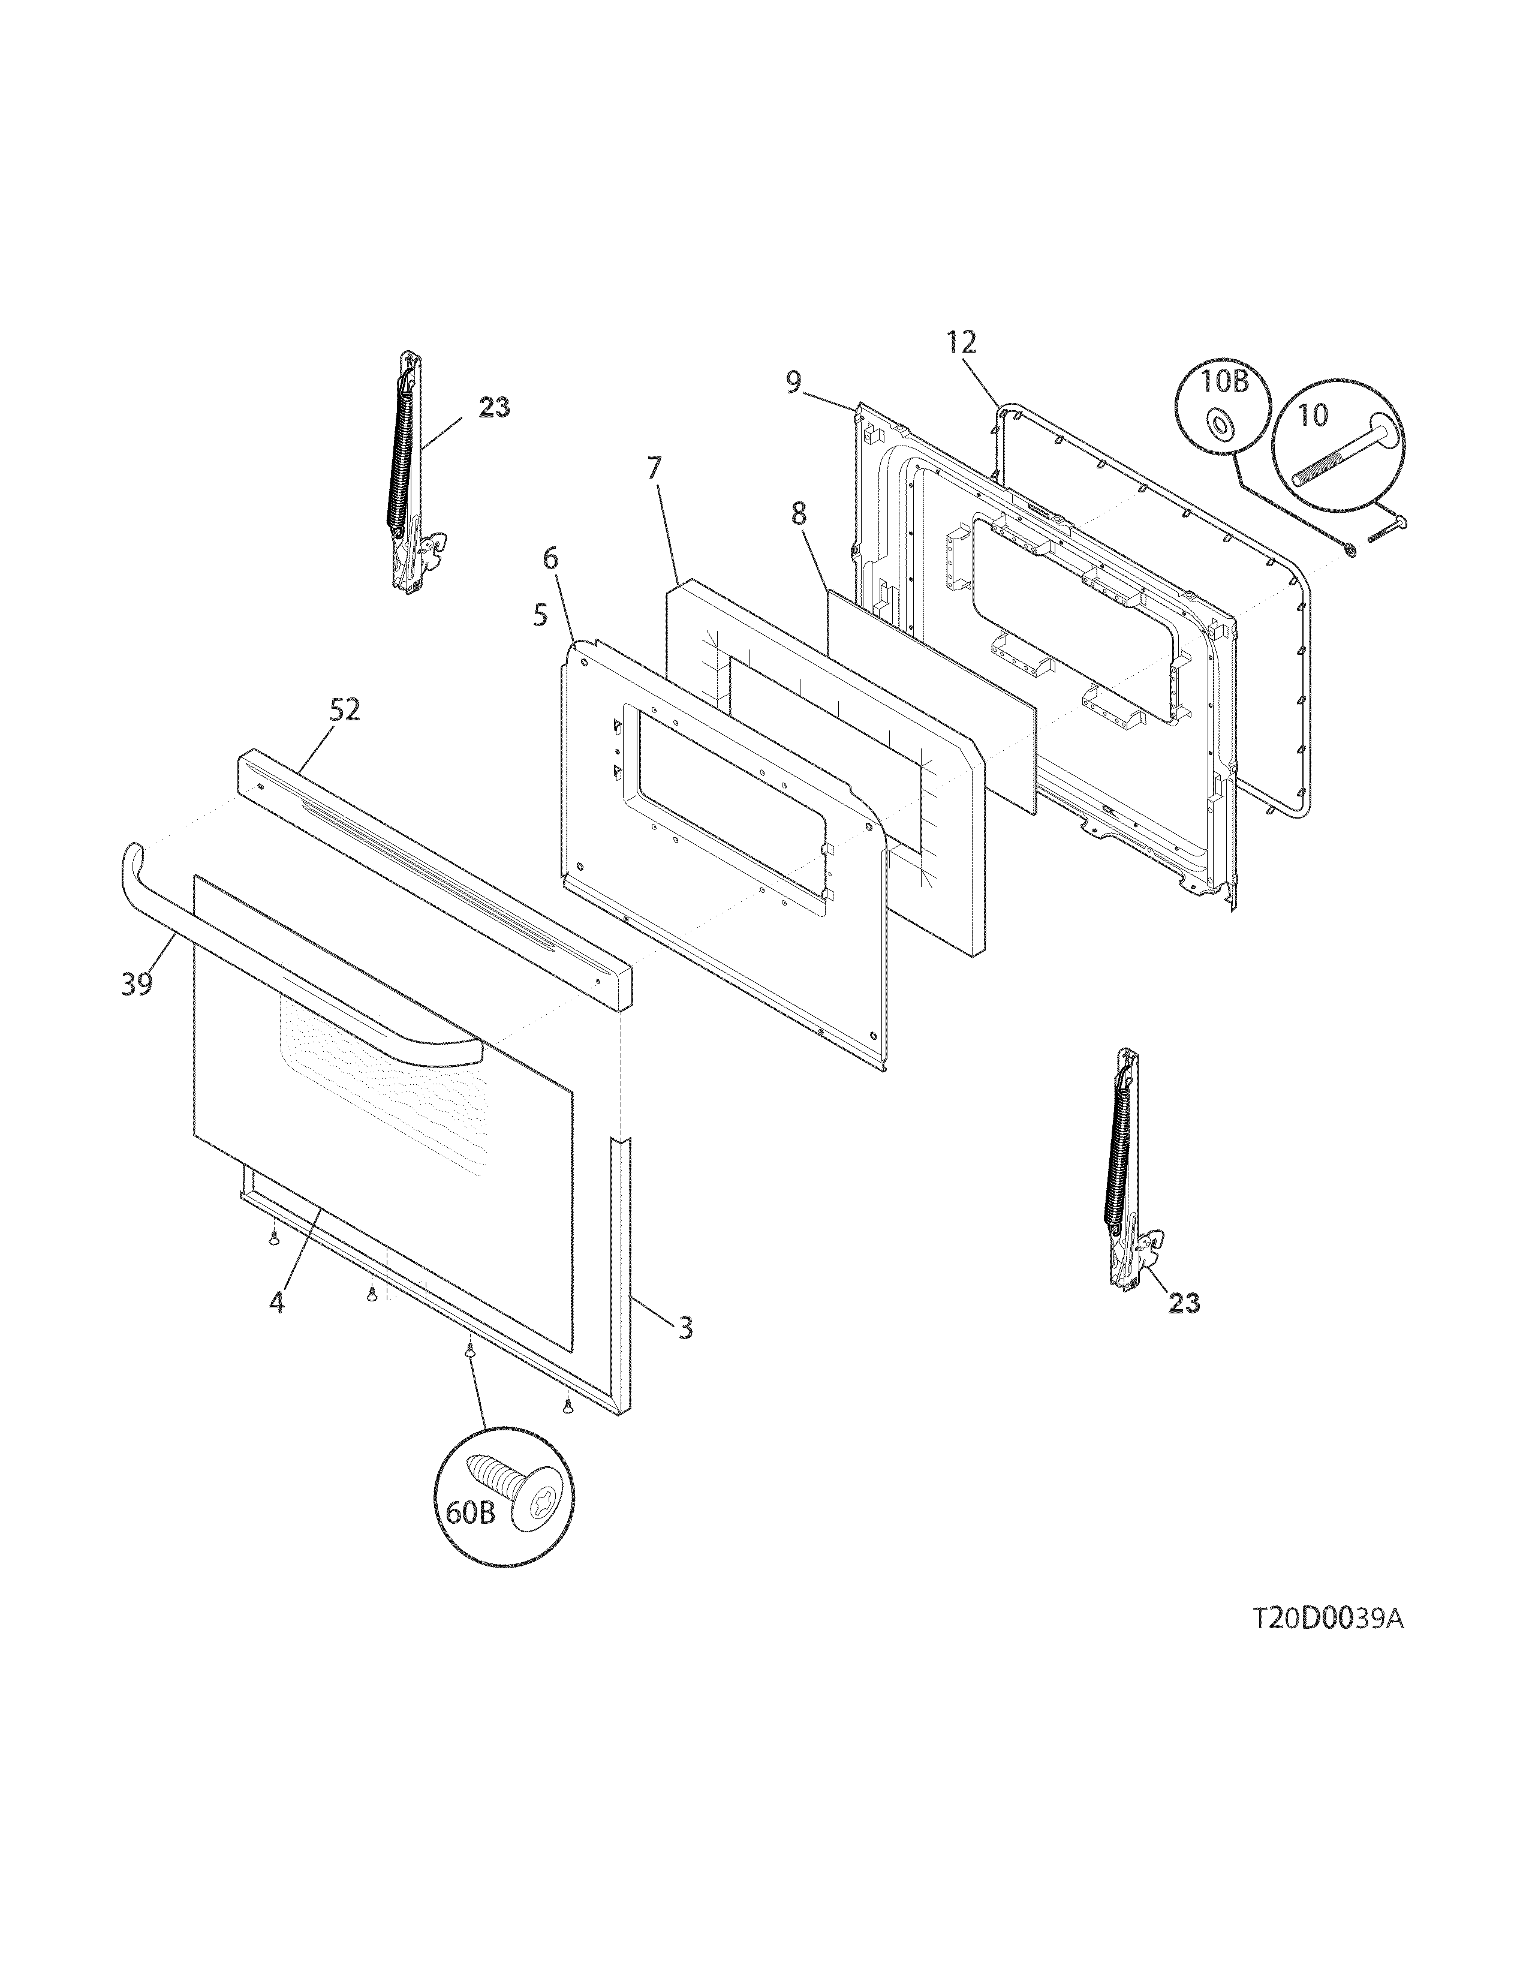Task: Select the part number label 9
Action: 793,383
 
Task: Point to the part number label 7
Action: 654,468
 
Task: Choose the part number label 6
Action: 550,558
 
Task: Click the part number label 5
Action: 540,616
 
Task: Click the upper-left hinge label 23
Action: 493,408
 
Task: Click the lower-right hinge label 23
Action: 1183,1303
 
